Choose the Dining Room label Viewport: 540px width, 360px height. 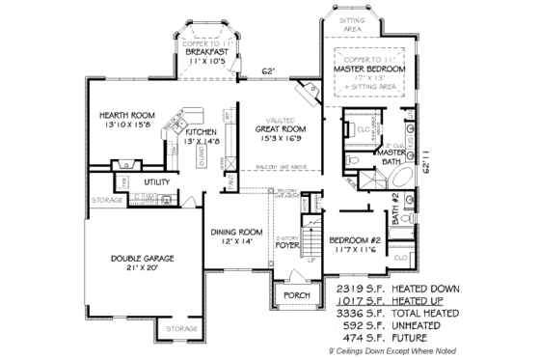(x=237, y=232)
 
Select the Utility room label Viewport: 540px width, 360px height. (x=156, y=181)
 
